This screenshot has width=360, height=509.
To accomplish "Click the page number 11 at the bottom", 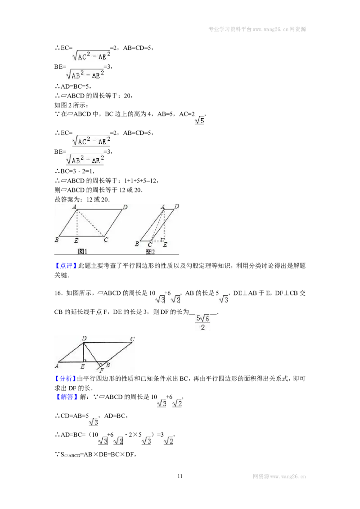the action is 180,476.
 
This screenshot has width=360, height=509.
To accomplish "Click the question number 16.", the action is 58,293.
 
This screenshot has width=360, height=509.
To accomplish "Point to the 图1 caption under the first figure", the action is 82,251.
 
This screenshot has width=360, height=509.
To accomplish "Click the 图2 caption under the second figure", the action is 150,252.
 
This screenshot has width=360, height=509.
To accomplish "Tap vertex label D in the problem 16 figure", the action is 84,338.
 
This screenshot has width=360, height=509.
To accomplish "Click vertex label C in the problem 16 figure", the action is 132,339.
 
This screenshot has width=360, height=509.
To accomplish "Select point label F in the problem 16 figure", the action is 102,370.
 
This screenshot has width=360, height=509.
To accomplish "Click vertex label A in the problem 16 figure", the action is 57,366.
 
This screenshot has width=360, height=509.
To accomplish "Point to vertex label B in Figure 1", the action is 57,240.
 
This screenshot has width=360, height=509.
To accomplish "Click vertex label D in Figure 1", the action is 125,207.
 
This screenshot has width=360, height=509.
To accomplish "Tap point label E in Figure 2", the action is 165,245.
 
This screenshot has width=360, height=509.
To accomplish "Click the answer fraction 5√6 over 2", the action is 203,322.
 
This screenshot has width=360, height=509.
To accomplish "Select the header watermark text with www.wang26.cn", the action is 257,29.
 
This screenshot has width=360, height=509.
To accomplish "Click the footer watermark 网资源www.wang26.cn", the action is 279,477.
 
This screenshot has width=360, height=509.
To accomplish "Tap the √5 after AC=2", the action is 199,120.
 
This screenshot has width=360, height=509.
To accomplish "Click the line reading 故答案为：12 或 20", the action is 82,199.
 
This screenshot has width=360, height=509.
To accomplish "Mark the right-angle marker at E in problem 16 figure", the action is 85,360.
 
